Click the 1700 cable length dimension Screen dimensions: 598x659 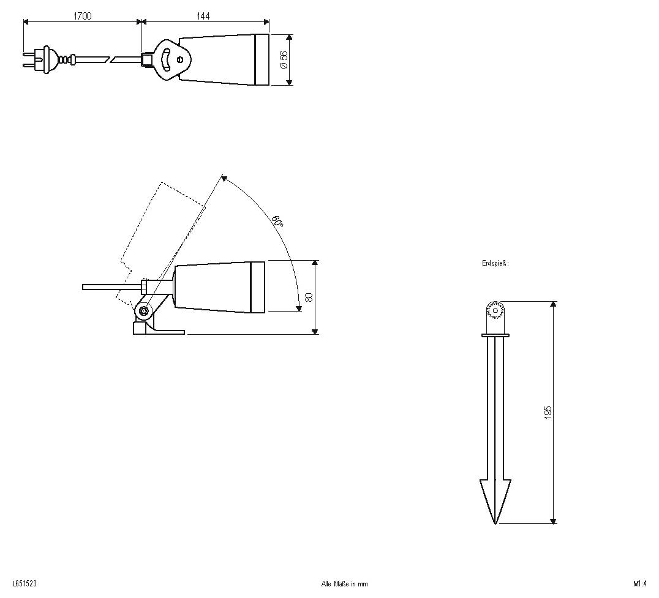[82, 17]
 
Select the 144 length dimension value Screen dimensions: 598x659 [203, 17]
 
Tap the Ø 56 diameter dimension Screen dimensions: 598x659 [284, 59]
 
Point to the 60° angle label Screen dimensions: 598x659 [277, 222]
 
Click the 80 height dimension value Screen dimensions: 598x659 [309, 297]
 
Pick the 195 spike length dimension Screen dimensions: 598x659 [548, 411]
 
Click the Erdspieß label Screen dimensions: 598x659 [495, 263]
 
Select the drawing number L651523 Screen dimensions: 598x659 [24, 584]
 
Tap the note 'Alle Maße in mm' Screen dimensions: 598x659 [344, 584]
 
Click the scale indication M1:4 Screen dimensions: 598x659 [640, 584]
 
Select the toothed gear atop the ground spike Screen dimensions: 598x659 [494, 311]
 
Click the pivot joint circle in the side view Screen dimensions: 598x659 [144, 311]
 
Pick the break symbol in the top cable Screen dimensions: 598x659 [113, 59]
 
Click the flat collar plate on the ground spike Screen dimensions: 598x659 [495, 335]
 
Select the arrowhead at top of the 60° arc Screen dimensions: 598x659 [224, 179]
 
